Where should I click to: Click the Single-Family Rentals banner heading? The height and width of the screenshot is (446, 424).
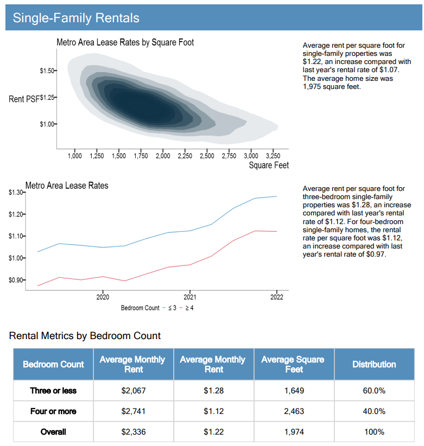pos(76,18)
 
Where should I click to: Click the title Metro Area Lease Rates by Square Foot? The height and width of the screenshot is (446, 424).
pos(125,42)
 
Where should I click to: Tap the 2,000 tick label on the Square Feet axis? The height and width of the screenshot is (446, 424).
pos(163,156)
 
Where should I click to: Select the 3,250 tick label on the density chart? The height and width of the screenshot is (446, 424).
pos(273,156)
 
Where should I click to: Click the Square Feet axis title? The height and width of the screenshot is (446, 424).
pos(269,165)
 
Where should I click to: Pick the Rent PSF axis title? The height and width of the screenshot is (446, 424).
pos(24,99)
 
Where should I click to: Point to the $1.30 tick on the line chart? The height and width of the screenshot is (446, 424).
pos(16,192)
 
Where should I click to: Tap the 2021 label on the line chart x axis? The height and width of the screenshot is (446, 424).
pos(190,297)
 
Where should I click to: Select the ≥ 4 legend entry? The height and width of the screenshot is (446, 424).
pos(187,308)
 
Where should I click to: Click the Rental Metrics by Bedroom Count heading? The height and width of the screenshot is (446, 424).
pos(85,336)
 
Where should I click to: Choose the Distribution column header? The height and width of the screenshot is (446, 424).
pos(374,364)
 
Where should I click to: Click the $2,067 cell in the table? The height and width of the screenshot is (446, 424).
pos(134,391)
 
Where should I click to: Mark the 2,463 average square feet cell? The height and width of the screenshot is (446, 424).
pos(294,411)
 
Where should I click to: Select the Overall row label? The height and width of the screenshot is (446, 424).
pos(53,432)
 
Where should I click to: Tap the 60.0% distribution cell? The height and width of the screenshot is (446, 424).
pos(374,391)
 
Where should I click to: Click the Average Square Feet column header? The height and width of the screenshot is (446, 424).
pos(293,365)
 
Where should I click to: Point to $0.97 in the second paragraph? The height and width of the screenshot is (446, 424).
pos(376,254)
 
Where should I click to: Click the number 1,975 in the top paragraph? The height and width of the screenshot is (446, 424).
pos(312,86)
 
